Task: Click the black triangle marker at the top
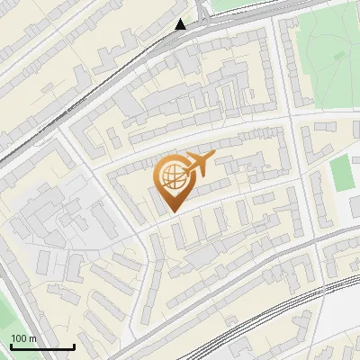pyautogui.click(x=181, y=24)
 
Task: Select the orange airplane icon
pyautogui.click(x=197, y=165)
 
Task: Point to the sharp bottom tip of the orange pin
pyautogui.click(x=172, y=212)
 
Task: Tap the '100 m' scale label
pyautogui.click(x=23, y=338)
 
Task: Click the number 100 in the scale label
pyautogui.click(x=19, y=338)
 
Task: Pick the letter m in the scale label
pyautogui.click(x=32, y=339)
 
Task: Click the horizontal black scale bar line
pyautogui.click(x=41, y=347)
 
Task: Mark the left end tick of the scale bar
pyautogui.click(x=10, y=346)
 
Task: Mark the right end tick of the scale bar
pyautogui.click(x=74, y=346)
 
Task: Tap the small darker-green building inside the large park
pyautogui.click(x=339, y=55)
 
